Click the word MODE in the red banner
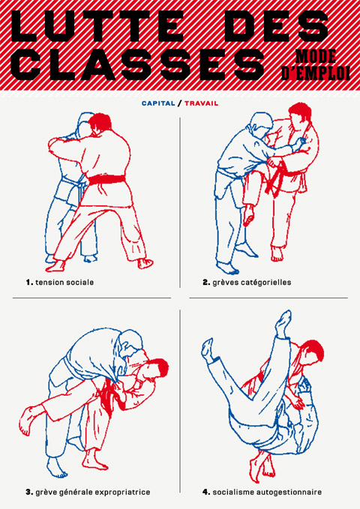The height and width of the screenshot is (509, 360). click(315, 57)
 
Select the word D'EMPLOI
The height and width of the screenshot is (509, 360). click(315, 73)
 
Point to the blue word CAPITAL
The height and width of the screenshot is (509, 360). click(158, 103)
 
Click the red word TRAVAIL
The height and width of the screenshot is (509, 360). click(202, 103)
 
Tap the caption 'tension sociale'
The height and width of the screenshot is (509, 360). click(64, 282)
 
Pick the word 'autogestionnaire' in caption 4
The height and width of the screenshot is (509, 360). click(289, 492)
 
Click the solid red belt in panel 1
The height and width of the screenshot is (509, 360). click(106, 179)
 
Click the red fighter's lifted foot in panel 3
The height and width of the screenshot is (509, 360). click(27, 421)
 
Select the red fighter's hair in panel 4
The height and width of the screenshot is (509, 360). click(313, 350)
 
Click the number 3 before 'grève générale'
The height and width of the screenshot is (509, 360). click(29, 492)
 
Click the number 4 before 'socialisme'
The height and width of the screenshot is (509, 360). click(206, 492)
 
